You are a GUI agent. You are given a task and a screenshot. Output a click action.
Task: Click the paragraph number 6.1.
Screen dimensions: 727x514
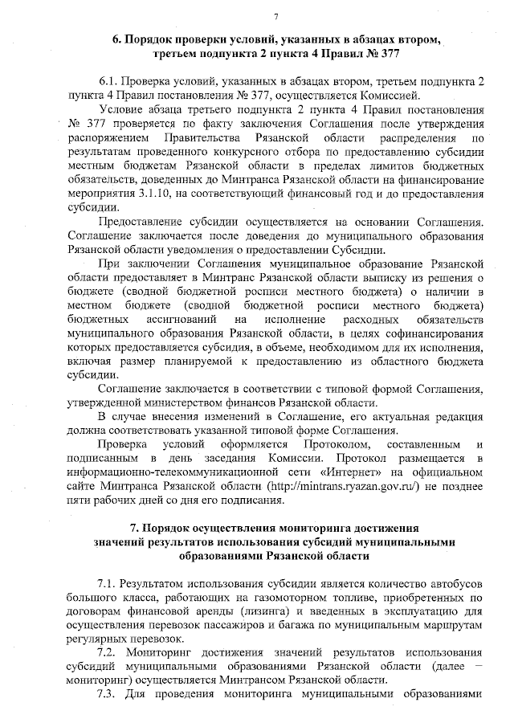coord(108,82)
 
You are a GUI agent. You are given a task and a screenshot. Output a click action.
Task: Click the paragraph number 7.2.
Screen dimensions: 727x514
coord(108,653)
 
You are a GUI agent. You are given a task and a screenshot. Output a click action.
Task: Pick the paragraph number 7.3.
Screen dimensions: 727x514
coord(108,695)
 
